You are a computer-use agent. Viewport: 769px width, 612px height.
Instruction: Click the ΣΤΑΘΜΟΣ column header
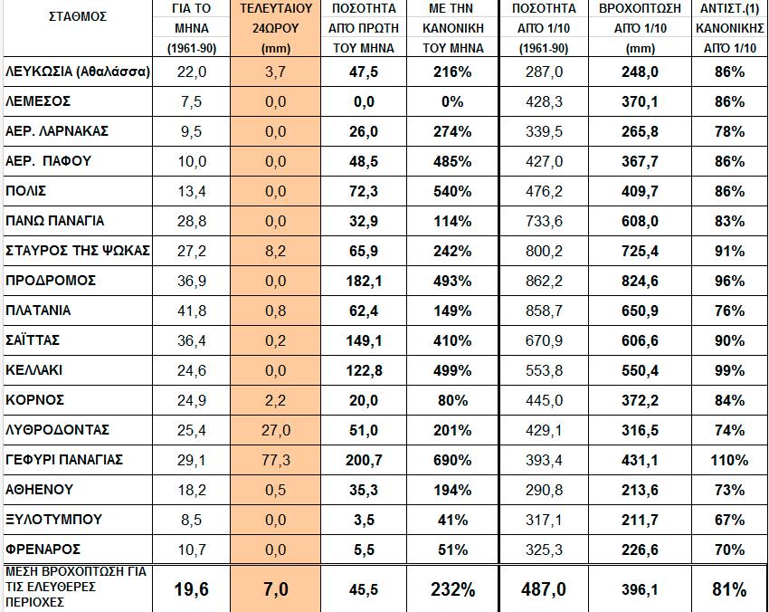76,16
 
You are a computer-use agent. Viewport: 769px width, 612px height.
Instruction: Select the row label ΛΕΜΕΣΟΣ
38,101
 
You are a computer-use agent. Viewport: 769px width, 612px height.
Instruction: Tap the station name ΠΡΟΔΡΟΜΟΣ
51,281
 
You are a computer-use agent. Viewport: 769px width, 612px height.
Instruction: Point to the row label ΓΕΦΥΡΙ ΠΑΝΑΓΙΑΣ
64,460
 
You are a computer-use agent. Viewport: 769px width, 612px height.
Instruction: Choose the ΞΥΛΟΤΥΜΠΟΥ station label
53,520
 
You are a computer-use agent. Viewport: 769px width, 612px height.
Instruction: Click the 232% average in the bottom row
452,589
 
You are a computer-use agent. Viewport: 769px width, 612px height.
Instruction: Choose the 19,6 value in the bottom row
192,589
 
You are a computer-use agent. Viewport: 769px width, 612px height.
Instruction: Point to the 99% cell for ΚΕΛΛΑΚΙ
727,370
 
